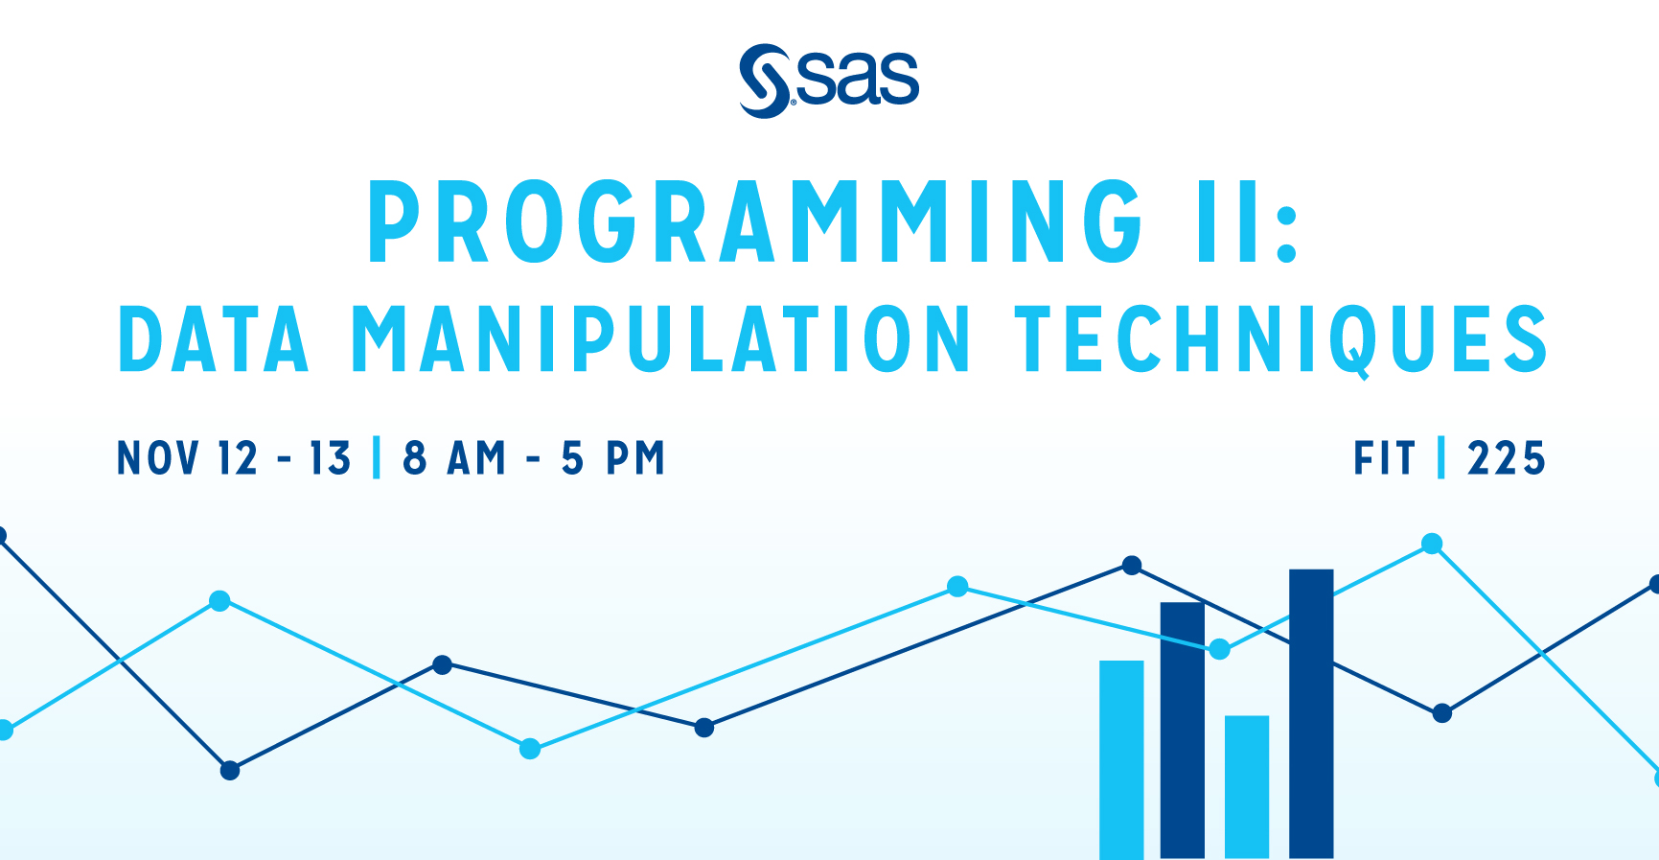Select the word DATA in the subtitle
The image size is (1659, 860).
tap(214, 339)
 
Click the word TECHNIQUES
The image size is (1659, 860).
tap(1281, 341)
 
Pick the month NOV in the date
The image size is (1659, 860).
tap(158, 458)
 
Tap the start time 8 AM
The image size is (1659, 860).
tap(454, 458)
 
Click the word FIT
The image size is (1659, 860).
tap(1384, 458)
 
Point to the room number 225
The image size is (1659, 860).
tap(1507, 458)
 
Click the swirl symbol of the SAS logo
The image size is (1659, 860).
tap(765, 81)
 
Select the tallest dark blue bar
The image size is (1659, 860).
tap(1311, 713)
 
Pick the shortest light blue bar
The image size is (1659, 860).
tap(1247, 786)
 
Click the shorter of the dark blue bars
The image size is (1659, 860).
tap(1183, 730)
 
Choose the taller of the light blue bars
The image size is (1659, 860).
tap(1121, 759)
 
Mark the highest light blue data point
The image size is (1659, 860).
tap(1432, 545)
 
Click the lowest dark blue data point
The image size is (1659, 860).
tap(230, 770)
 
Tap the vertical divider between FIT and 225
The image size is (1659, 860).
tap(1441, 457)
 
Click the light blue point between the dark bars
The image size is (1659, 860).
tap(1219, 650)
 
